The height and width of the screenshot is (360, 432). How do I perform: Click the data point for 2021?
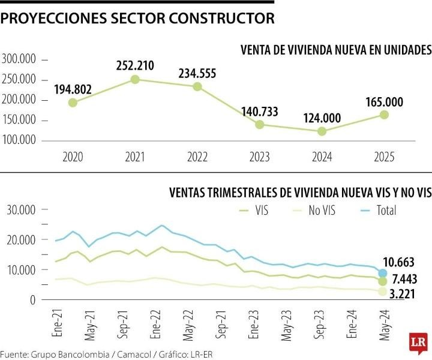click(x=135, y=79)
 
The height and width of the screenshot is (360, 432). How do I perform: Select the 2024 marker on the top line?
click(x=322, y=131)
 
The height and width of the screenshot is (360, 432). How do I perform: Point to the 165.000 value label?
click(x=382, y=101)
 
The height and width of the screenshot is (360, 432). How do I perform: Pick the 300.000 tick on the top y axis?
click(x=20, y=59)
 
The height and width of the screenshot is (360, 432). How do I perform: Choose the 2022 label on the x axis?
click(x=197, y=157)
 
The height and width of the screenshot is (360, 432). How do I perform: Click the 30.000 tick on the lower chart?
click(x=21, y=210)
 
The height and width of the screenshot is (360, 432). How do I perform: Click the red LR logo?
click(x=418, y=341)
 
